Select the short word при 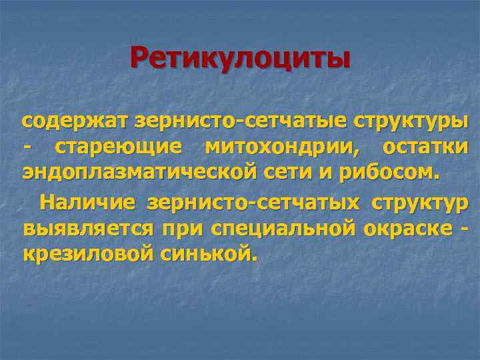(183, 227)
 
